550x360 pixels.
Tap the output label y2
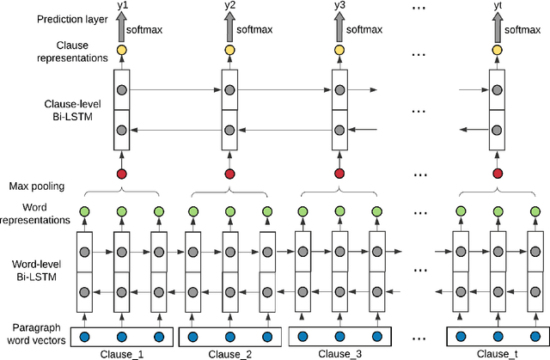[229, 7]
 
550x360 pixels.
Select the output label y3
[339, 7]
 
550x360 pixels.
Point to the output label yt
[496, 7]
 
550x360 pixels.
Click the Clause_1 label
[121, 353]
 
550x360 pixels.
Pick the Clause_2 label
[230, 353]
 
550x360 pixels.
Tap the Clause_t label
[497, 353]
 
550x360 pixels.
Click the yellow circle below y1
[121, 51]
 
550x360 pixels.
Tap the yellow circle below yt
[496, 51]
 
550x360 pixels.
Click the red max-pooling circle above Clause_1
[121, 174]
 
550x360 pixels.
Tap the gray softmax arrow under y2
[230, 28]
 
